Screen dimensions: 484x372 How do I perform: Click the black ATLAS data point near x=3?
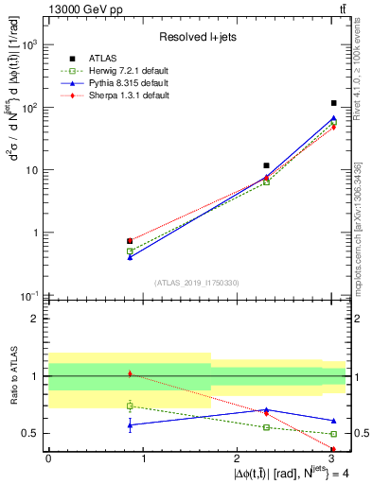[334, 103]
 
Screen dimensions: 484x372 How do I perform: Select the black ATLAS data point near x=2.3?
[267, 165]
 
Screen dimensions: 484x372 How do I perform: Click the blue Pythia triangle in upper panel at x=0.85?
[130, 256]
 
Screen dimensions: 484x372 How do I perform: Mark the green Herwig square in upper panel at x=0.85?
[130, 251]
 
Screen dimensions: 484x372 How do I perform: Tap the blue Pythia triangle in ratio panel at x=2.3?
[267, 409]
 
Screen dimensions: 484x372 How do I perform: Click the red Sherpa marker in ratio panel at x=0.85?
[130, 374]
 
